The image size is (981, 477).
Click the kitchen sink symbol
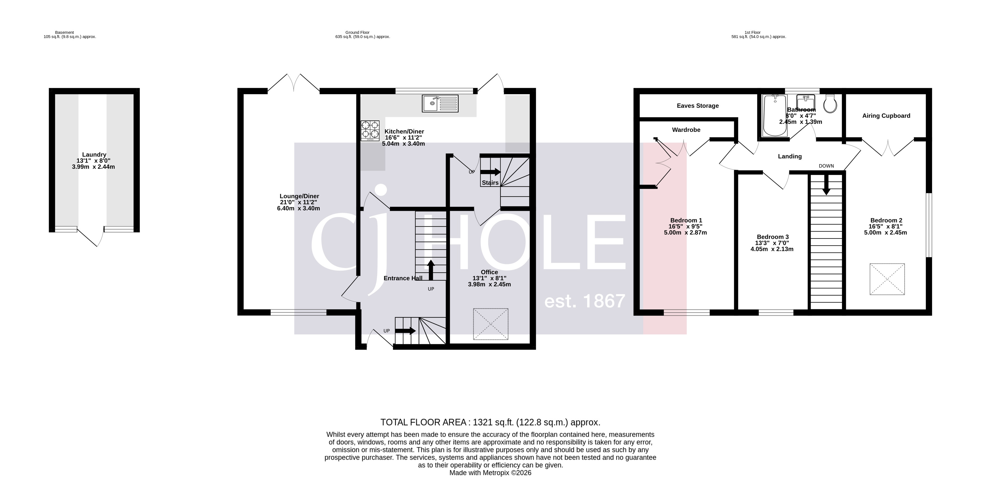tap(440, 103)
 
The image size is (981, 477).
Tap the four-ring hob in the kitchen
tap(370, 130)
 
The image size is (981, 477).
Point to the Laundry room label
tap(94, 155)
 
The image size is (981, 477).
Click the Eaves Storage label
tap(697, 106)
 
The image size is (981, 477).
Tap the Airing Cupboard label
tap(886, 116)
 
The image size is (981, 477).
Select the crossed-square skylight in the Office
tap(491, 324)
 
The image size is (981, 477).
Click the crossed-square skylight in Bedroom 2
tap(887, 279)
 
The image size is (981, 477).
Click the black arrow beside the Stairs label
tap(491, 172)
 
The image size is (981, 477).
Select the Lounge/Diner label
tap(299, 197)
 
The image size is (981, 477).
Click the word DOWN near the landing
tap(826, 166)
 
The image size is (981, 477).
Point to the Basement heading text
tap(64, 32)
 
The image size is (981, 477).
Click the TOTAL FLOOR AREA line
tap(490, 422)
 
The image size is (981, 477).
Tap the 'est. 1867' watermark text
tap(585, 301)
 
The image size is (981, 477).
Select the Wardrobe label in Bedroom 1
tap(686, 130)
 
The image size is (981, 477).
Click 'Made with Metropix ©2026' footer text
tap(490, 473)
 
